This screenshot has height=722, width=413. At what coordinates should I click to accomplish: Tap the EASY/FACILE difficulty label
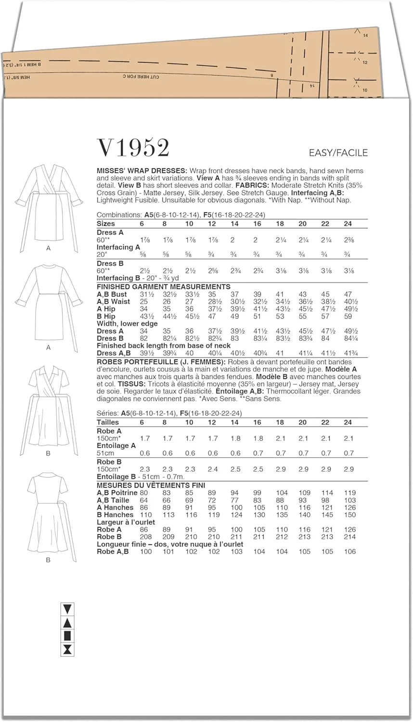338,153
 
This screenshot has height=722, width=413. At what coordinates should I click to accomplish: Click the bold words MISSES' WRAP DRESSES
142,171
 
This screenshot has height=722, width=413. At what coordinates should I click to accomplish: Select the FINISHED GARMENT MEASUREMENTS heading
164,287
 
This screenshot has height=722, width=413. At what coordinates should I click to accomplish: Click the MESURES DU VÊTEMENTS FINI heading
151,486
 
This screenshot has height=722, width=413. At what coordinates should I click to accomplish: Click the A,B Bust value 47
348,294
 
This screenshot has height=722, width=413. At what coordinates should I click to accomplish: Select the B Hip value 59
348,317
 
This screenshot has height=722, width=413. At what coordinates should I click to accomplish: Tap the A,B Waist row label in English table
114,302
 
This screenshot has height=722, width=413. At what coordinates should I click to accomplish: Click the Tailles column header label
108,422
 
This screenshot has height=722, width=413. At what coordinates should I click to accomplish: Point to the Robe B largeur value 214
349,537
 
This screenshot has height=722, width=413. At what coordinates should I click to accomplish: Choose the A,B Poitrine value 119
349,493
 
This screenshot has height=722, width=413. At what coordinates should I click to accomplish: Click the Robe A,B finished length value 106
349,552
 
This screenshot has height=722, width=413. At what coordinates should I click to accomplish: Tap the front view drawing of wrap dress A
48,202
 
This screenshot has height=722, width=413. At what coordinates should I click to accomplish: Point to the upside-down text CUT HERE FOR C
140,77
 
